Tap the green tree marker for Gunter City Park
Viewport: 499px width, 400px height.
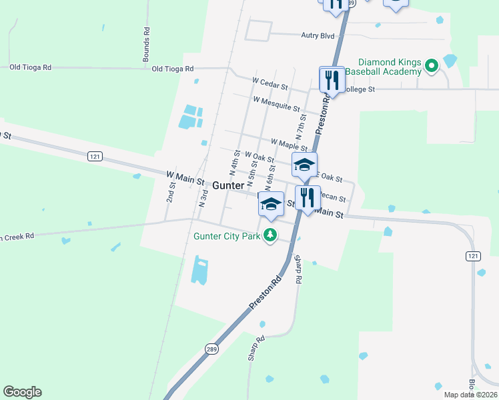point(270,235)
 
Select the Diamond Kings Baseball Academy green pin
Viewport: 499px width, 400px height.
point(431,66)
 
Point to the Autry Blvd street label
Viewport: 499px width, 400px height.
point(299,35)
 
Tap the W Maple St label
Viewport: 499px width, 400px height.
point(289,145)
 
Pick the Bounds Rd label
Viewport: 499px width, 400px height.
point(146,45)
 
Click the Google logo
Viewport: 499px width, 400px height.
point(22,392)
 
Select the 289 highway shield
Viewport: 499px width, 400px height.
point(211,349)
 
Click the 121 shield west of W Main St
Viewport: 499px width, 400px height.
point(95,155)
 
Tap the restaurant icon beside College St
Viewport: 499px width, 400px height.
point(332,81)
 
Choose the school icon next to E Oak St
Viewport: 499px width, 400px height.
point(304,165)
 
